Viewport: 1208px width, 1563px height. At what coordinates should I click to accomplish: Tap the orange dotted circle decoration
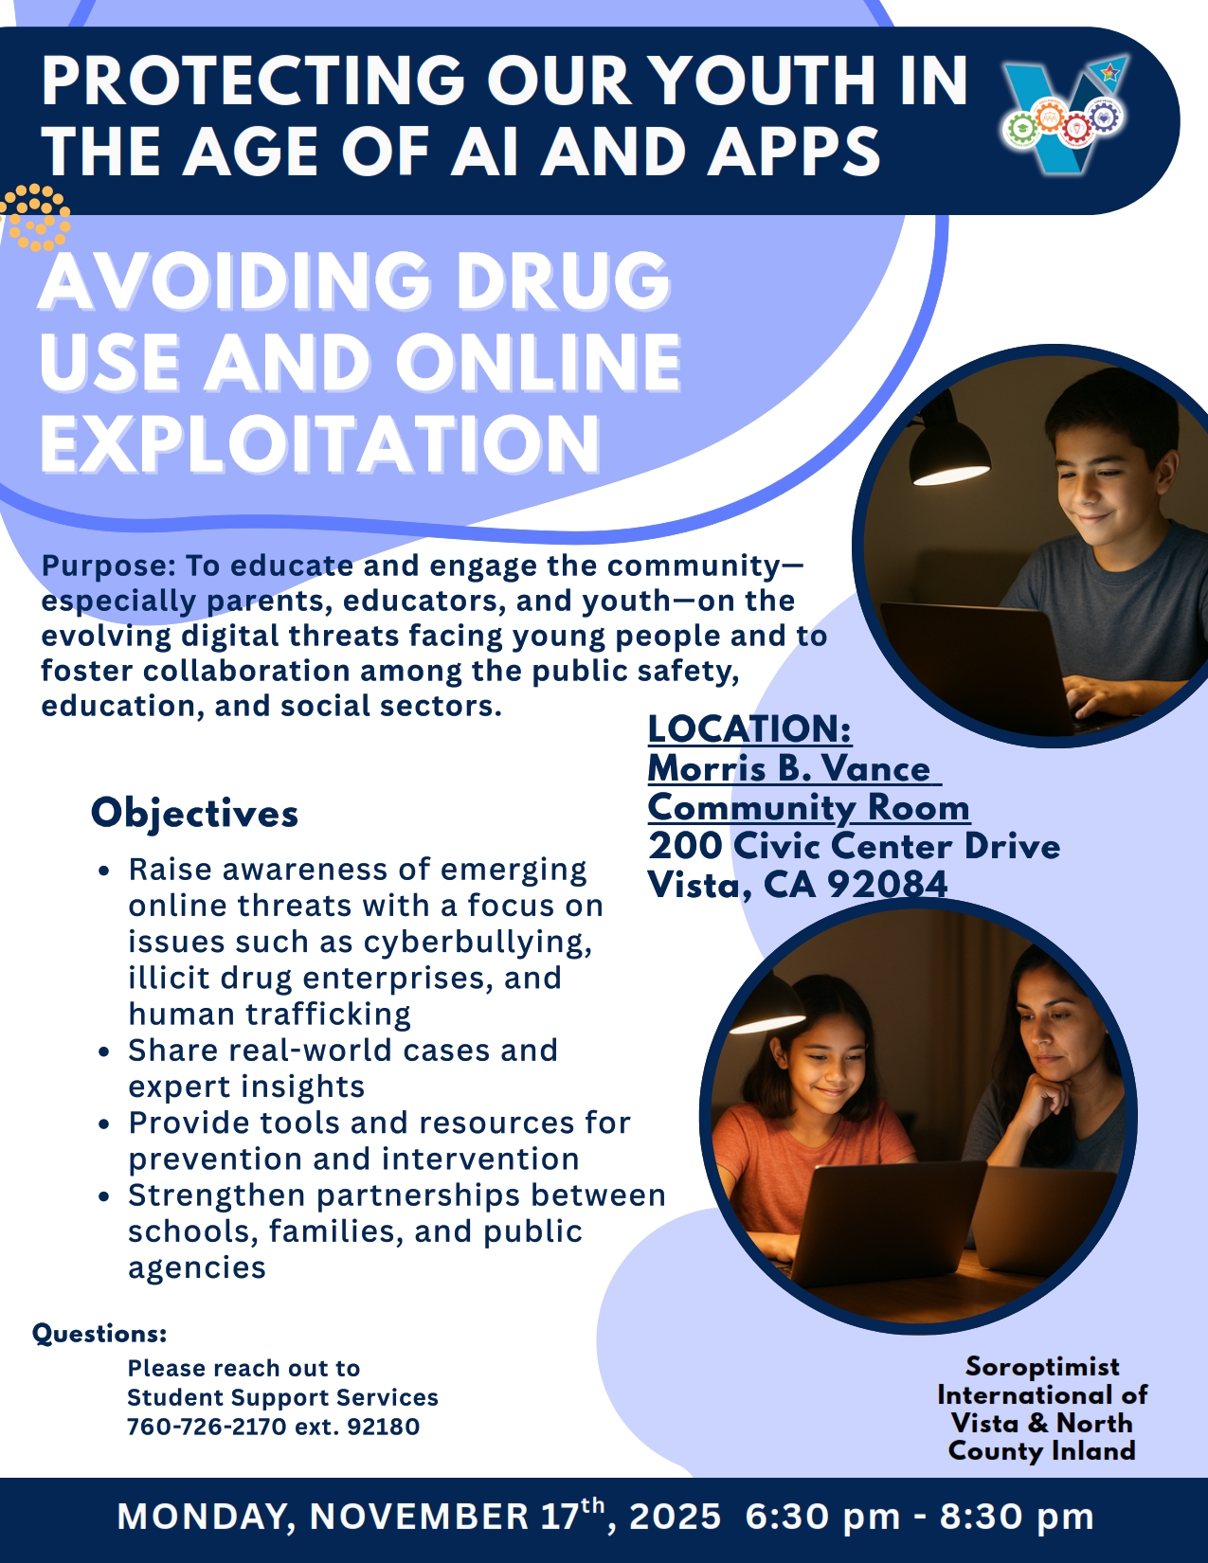tap(35, 217)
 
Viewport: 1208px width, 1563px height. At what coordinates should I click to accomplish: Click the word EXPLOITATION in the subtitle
tap(319, 443)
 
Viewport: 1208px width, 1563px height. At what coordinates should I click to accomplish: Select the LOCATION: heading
tap(749, 729)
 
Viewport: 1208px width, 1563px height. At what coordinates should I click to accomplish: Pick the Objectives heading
tap(194, 815)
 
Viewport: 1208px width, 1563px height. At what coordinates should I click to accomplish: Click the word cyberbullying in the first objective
tap(478, 943)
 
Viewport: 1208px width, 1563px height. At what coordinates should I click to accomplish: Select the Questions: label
tap(100, 1335)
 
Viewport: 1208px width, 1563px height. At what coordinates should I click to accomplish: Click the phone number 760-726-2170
tap(207, 1426)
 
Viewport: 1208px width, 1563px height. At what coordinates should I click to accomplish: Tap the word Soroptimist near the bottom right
tap(1042, 1366)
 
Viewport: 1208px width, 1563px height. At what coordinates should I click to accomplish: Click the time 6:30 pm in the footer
tap(823, 1517)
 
